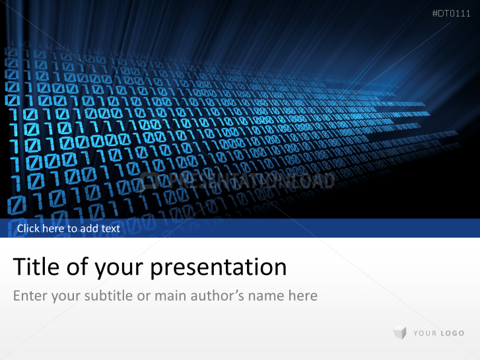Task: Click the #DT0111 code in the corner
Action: point(451,13)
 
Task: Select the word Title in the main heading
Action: point(34,267)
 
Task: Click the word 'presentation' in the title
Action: point(219,268)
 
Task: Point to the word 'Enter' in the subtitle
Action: point(30,295)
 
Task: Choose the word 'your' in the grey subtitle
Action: point(66,296)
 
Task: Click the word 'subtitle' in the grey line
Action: point(109,295)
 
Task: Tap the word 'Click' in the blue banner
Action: point(29,229)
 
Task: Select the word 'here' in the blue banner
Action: point(55,229)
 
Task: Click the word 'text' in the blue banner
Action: point(112,229)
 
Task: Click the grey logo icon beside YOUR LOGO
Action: point(399,334)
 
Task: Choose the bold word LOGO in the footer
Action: point(452,334)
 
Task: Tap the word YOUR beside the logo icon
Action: point(425,334)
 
